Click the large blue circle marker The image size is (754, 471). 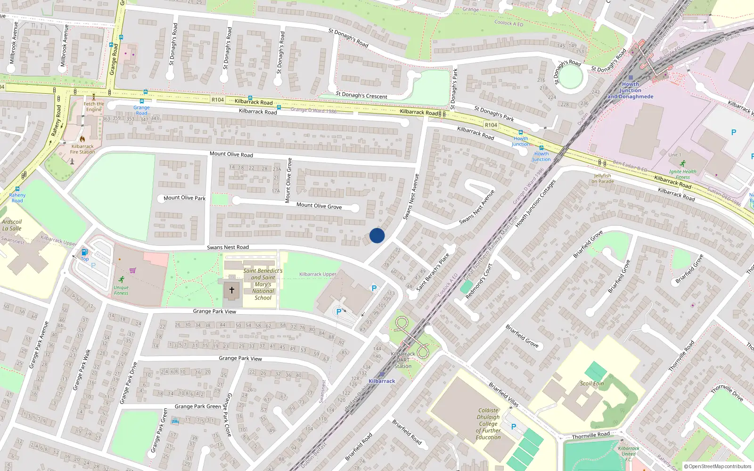point(377,235)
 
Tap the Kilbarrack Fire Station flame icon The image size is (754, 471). point(82,139)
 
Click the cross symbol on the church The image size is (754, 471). point(231,290)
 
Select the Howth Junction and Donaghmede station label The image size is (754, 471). point(630,90)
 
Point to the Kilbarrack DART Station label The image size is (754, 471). point(403,360)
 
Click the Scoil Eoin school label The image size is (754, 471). point(592,383)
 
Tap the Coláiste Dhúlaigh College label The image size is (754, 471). point(488,423)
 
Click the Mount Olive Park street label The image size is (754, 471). point(184,198)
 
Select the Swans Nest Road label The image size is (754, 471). point(228,247)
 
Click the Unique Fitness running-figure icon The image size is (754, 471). point(122,279)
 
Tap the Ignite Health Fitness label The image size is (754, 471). point(682,174)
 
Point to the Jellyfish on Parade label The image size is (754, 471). point(603,179)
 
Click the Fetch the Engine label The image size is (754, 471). point(94,107)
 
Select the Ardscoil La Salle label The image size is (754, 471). point(12,225)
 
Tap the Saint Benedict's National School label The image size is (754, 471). point(263,284)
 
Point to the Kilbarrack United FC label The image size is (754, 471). point(629,454)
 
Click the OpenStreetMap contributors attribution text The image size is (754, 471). point(717,467)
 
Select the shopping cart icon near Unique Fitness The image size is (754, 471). point(132,270)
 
